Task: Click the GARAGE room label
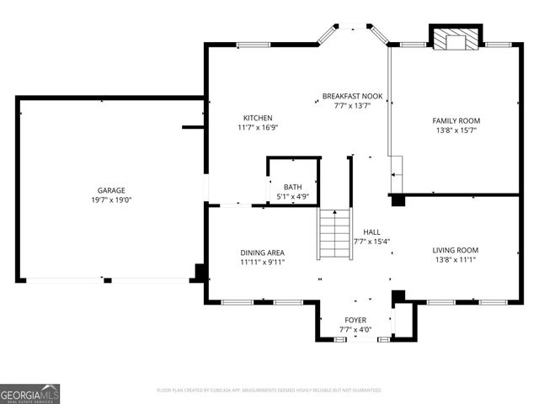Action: click(110, 190)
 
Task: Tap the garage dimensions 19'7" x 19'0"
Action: click(110, 200)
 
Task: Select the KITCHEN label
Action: click(258, 118)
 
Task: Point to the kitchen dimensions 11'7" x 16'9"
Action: click(258, 128)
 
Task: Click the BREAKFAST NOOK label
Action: click(352, 97)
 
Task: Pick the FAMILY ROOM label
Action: click(456, 120)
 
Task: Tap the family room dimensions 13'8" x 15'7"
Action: click(456, 130)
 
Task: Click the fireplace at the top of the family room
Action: click(456, 39)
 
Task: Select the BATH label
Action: click(292, 187)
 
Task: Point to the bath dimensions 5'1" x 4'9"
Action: click(292, 197)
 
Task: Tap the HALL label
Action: click(371, 231)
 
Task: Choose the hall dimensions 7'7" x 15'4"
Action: click(371, 242)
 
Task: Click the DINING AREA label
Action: click(263, 252)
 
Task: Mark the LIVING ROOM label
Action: click(456, 250)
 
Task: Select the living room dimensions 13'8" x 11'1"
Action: click(456, 260)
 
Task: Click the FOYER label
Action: click(355, 320)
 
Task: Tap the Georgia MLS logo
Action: click(30, 394)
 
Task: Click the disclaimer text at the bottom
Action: click(269, 391)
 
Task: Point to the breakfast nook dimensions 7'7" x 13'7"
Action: click(352, 107)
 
